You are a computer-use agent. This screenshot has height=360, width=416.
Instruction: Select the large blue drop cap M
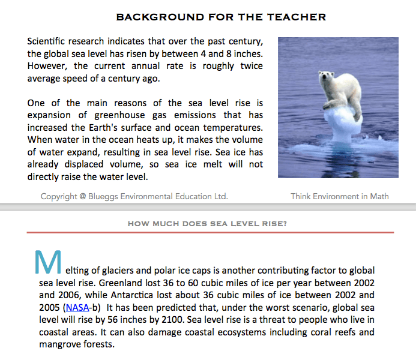(x=48, y=261)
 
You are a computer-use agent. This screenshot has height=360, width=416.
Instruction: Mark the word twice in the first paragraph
(x=251, y=66)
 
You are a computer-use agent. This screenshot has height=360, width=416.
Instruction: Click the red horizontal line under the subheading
(x=210, y=232)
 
